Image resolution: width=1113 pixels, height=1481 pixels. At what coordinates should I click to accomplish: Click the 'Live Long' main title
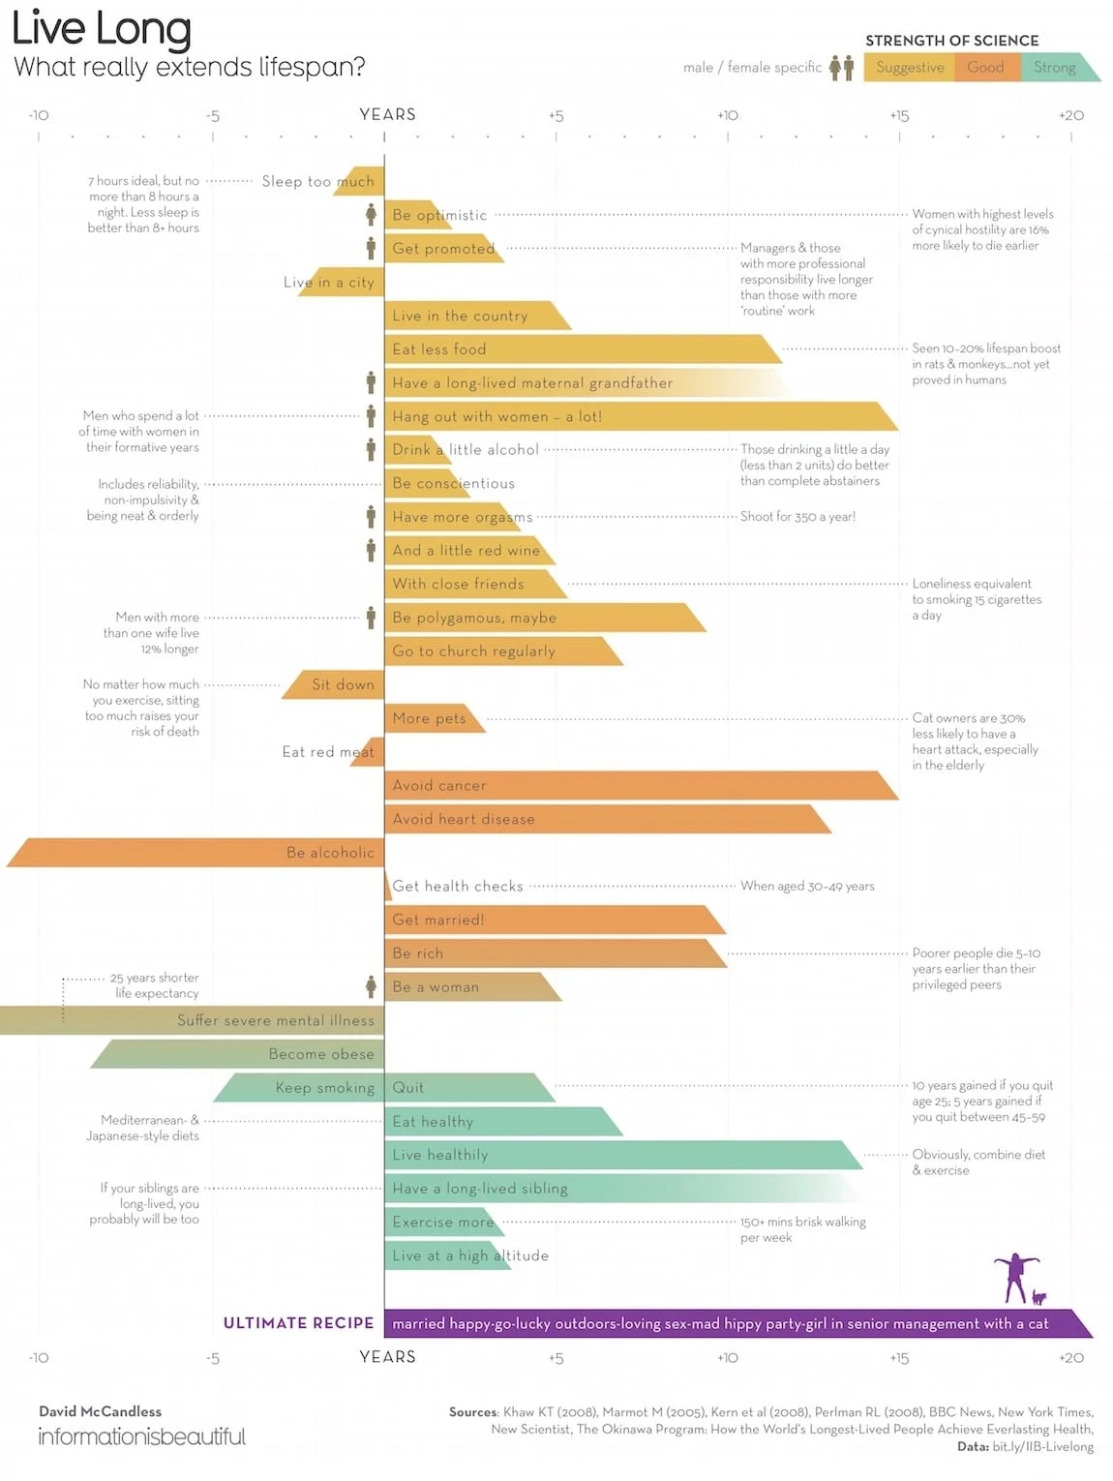click(101, 29)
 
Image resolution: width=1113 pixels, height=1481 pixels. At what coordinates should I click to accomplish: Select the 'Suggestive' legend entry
click(910, 67)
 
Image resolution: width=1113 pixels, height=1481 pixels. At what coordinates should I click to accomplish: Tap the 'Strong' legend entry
click(1054, 67)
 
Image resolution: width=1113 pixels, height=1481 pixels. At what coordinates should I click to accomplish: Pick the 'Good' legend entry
click(985, 67)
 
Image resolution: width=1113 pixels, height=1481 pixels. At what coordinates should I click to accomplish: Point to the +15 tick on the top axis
click(899, 115)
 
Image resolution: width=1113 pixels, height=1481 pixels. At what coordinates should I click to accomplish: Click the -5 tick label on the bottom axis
click(213, 1358)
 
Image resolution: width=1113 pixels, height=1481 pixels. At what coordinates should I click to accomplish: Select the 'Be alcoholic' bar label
click(330, 853)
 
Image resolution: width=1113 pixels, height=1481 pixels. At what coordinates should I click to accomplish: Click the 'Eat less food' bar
click(581, 349)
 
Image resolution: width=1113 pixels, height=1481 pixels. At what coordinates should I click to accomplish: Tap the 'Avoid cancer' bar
click(639, 786)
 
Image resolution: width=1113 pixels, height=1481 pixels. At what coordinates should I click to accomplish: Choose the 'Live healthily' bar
click(619, 1155)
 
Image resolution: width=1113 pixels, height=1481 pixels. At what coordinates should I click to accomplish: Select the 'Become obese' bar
click(242, 1054)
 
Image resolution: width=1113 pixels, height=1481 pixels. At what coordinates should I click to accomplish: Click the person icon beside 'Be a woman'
click(371, 986)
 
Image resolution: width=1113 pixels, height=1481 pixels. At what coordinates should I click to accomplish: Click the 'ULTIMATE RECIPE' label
click(298, 1323)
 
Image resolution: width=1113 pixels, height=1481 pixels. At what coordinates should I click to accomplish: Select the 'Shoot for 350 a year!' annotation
click(797, 517)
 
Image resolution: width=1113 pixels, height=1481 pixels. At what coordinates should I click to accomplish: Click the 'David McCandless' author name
click(101, 1411)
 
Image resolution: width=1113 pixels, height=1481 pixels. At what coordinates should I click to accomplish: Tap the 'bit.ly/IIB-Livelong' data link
click(1042, 1446)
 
